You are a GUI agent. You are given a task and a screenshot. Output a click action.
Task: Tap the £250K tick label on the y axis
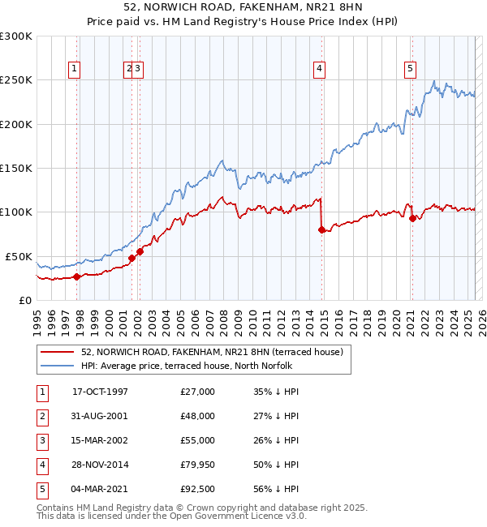(16, 80)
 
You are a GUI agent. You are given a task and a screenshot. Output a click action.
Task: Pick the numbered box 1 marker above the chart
(74, 70)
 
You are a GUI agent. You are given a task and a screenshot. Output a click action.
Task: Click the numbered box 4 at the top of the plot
(320, 70)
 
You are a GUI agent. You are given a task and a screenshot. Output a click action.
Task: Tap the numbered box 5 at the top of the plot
(411, 70)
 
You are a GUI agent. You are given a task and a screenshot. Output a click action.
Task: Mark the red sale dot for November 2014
(322, 230)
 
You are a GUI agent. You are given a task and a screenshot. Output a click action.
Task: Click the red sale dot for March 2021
(412, 218)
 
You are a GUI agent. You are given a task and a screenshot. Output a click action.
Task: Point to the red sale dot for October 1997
(77, 276)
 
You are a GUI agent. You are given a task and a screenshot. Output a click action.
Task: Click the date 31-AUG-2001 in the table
(100, 416)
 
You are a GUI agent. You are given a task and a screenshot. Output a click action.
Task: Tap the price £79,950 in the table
(198, 465)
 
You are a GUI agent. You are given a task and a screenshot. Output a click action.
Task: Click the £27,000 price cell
(198, 392)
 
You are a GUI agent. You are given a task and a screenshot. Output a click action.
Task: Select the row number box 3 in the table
(42, 440)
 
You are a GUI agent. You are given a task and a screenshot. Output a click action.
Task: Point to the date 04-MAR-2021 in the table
(100, 489)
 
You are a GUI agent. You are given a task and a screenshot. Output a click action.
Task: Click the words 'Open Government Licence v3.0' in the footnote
(243, 516)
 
